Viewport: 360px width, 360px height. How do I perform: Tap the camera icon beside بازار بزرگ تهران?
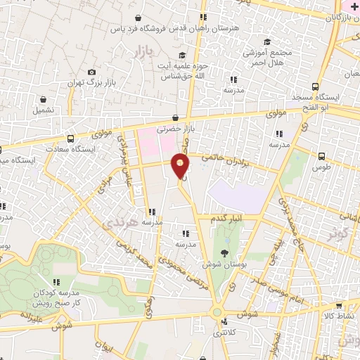(x=91, y=72)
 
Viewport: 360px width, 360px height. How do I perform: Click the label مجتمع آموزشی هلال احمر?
(x=266, y=57)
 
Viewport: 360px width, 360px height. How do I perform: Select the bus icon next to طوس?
(x=321, y=157)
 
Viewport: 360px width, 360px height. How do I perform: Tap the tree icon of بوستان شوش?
(x=224, y=252)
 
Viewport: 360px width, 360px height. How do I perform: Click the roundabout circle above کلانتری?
(x=217, y=312)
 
